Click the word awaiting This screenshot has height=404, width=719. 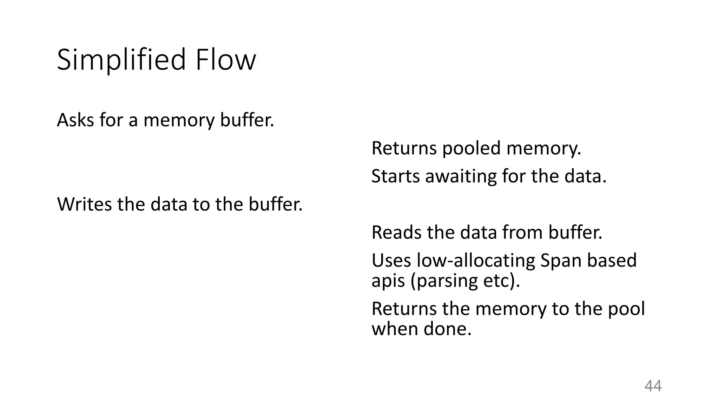(x=461, y=177)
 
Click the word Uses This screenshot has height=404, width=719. (x=391, y=261)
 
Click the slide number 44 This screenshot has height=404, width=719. (x=653, y=386)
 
